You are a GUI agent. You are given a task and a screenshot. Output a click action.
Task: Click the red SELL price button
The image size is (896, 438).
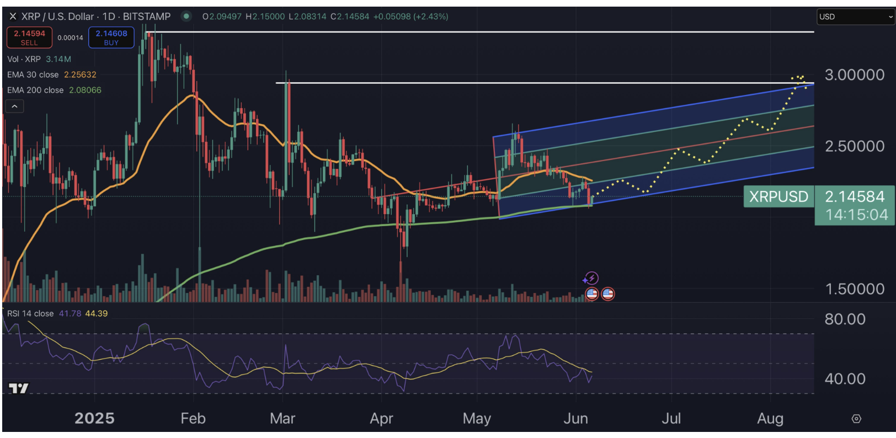click(29, 38)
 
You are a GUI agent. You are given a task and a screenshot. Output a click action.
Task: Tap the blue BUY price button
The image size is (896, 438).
click(111, 38)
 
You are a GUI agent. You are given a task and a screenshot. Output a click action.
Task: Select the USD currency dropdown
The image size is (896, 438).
click(855, 17)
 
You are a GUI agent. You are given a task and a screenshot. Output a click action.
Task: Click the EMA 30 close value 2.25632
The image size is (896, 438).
click(80, 74)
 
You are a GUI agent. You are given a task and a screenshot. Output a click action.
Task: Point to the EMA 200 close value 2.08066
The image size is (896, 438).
click(85, 90)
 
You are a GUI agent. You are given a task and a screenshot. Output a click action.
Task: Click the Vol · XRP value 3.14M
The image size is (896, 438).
click(58, 59)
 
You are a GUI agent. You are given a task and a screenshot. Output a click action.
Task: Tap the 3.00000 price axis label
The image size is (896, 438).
click(854, 75)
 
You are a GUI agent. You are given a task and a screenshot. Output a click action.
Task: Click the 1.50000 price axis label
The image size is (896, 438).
click(854, 289)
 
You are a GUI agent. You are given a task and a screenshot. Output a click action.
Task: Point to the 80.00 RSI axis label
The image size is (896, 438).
click(845, 319)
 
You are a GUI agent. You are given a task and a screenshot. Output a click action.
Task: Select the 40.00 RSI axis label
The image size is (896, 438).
click(845, 379)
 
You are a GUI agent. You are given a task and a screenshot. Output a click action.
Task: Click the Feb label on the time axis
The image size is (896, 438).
click(193, 419)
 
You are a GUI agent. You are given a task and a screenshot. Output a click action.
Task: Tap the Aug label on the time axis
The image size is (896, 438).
click(770, 419)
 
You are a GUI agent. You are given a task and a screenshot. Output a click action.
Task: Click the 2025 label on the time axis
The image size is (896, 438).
click(94, 419)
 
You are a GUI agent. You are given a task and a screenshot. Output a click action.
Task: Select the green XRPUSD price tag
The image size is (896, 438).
click(778, 196)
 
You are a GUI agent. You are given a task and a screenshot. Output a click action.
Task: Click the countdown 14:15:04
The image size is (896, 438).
click(856, 215)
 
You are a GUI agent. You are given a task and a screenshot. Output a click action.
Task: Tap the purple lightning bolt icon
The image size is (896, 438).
click(591, 278)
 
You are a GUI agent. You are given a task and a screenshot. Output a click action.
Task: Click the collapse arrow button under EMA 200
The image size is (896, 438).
click(14, 106)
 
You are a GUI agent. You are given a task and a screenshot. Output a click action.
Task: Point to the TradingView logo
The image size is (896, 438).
click(18, 388)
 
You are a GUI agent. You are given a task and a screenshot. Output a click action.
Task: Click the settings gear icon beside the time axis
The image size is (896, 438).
click(856, 419)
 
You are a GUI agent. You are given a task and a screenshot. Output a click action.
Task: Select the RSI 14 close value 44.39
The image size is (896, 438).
click(97, 313)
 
